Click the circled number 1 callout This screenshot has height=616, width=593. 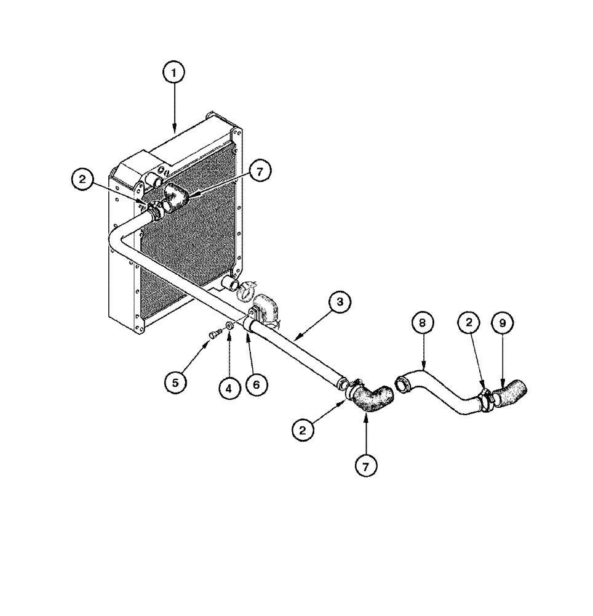[174, 73]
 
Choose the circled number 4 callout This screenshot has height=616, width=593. [228, 388]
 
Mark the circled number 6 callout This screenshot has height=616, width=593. [257, 384]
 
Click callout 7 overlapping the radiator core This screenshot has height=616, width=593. [260, 173]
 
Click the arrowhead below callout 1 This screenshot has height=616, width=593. [174, 130]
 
